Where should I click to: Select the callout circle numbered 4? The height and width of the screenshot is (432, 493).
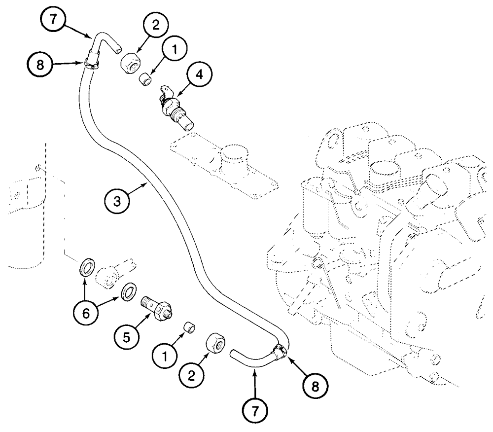click(x=199, y=75)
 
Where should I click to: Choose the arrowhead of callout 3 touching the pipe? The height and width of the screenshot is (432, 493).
click(x=147, y=182)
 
